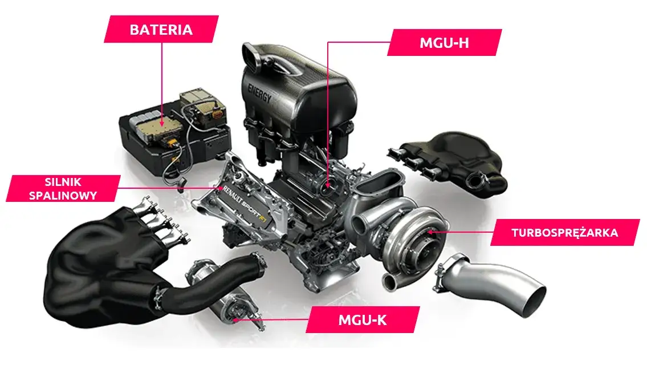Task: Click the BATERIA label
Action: coord(161,29)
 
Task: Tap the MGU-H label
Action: coord(445,43)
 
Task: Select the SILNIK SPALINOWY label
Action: coord(63,189)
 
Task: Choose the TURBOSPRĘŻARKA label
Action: coord(564,233)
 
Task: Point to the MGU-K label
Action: coord(363,319)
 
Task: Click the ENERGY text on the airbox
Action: coord(260,93)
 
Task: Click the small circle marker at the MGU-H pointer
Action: coord(328,185)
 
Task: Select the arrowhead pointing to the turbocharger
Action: coord(430,232)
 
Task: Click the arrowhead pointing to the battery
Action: coord(161,122)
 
